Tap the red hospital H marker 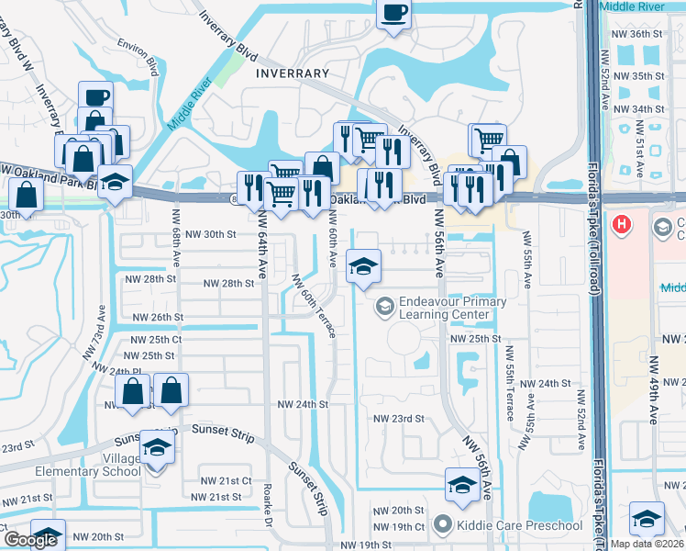pyautogui.click(x=624, y=223)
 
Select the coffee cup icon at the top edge pyautogui.click(x=394, y=14)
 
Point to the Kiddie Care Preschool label pyautogui.click(x=518, y=525)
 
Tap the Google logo pyautogui.click(x=29, y=541)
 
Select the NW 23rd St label pyautogui.click(x=399, y=418)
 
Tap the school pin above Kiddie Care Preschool pyautogui.click(x=460, y=484)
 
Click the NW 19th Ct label pyautogui.click(x=400, y=526)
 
